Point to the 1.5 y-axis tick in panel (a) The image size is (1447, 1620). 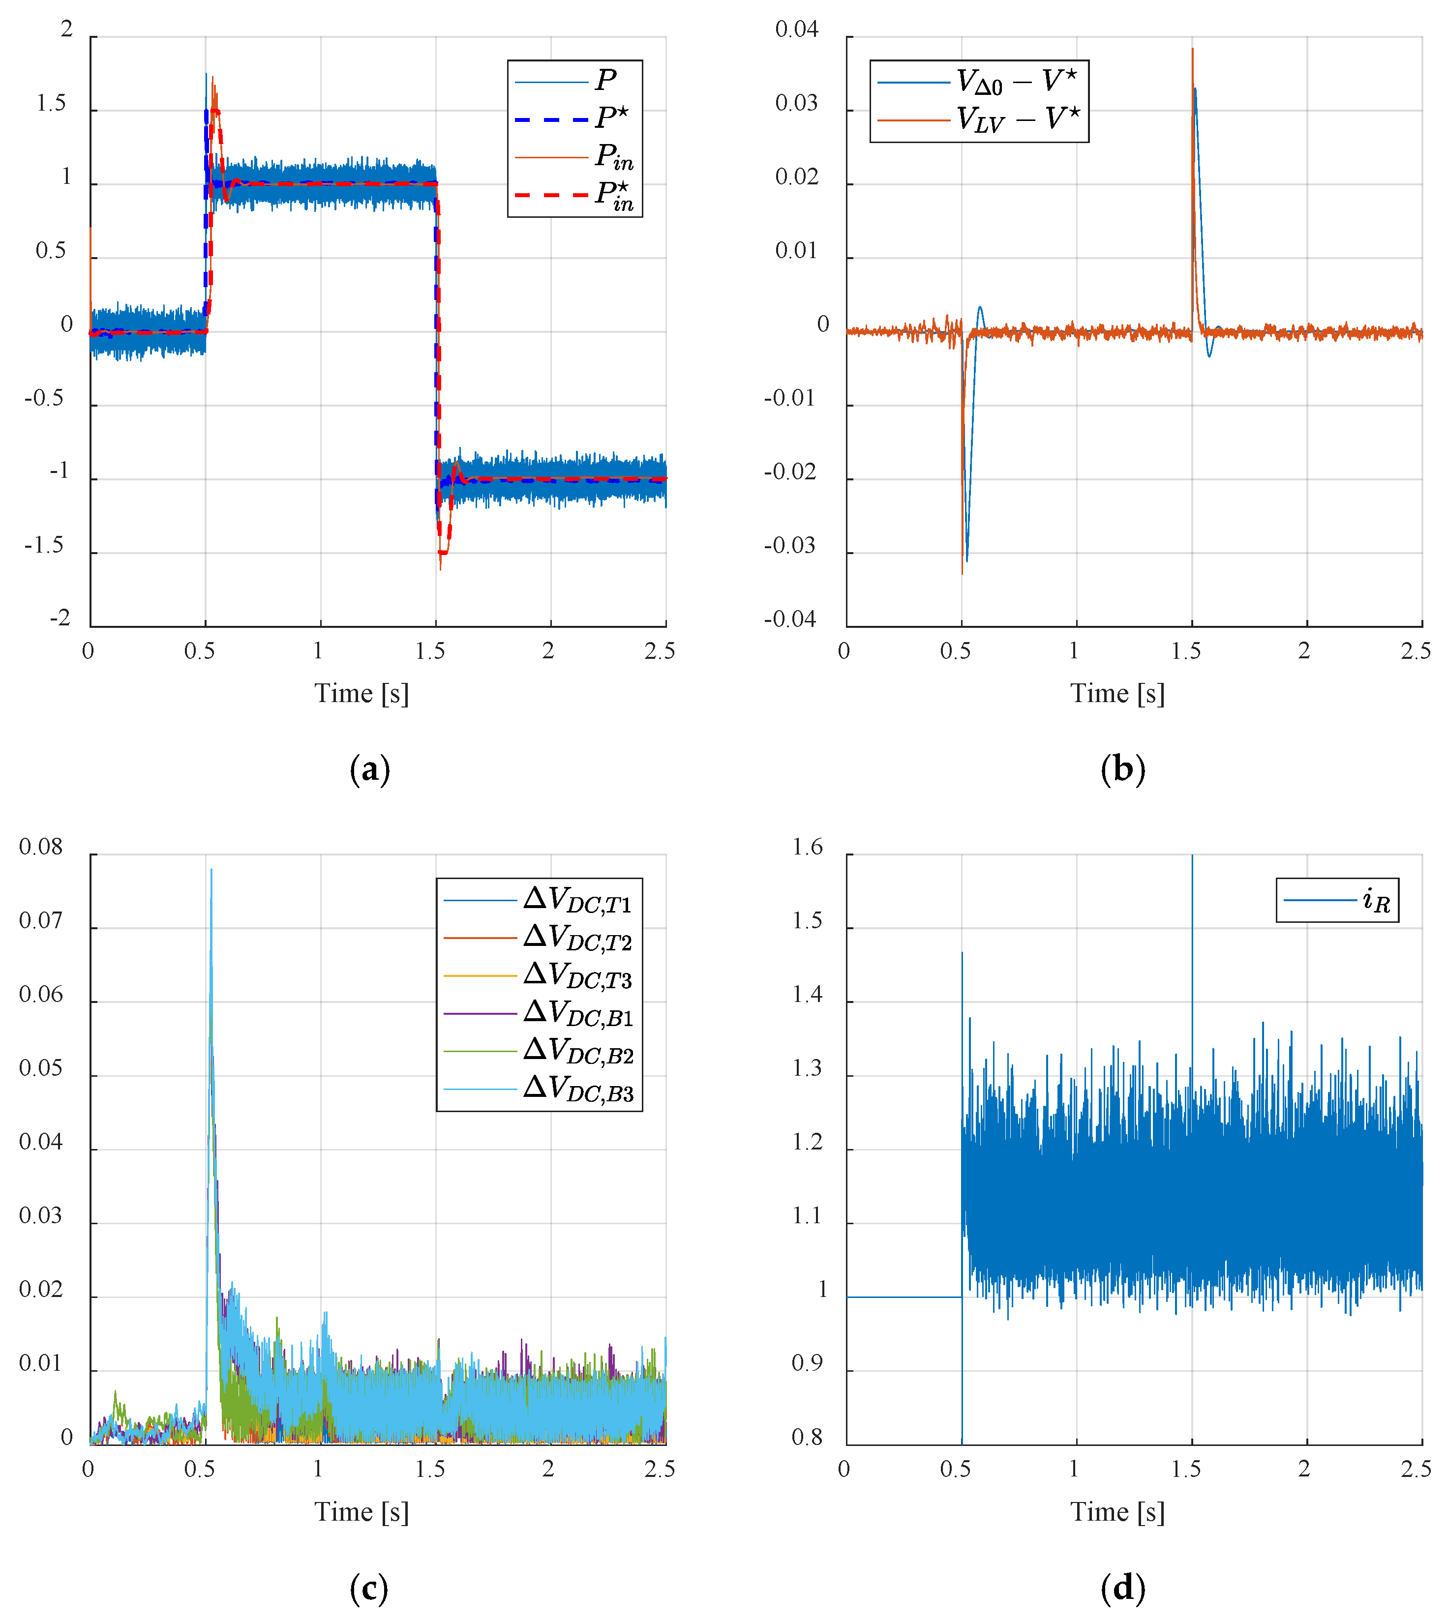51,104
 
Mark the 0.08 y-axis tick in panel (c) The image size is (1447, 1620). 40,847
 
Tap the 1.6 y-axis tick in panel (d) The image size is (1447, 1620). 807,847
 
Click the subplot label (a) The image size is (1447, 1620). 370,769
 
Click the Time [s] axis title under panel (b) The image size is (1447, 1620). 1117,694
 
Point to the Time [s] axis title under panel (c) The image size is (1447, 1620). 362,1512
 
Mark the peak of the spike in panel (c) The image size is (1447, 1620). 211,870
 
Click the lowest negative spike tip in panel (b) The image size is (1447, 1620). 962,573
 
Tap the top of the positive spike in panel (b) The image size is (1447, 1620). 1193,49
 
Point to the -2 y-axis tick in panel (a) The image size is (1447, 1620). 60,619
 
